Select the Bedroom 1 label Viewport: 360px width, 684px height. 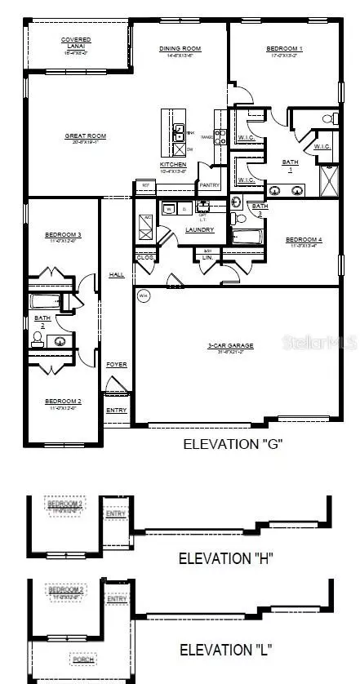[285, 49]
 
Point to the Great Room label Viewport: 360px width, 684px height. [86, 136]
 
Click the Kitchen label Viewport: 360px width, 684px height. [173, 165]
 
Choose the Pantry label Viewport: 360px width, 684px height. [210, 185]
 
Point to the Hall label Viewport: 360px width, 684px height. [117, 275]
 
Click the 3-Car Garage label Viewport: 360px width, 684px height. [229, 345]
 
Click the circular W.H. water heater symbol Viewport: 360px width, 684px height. [144, 295]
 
